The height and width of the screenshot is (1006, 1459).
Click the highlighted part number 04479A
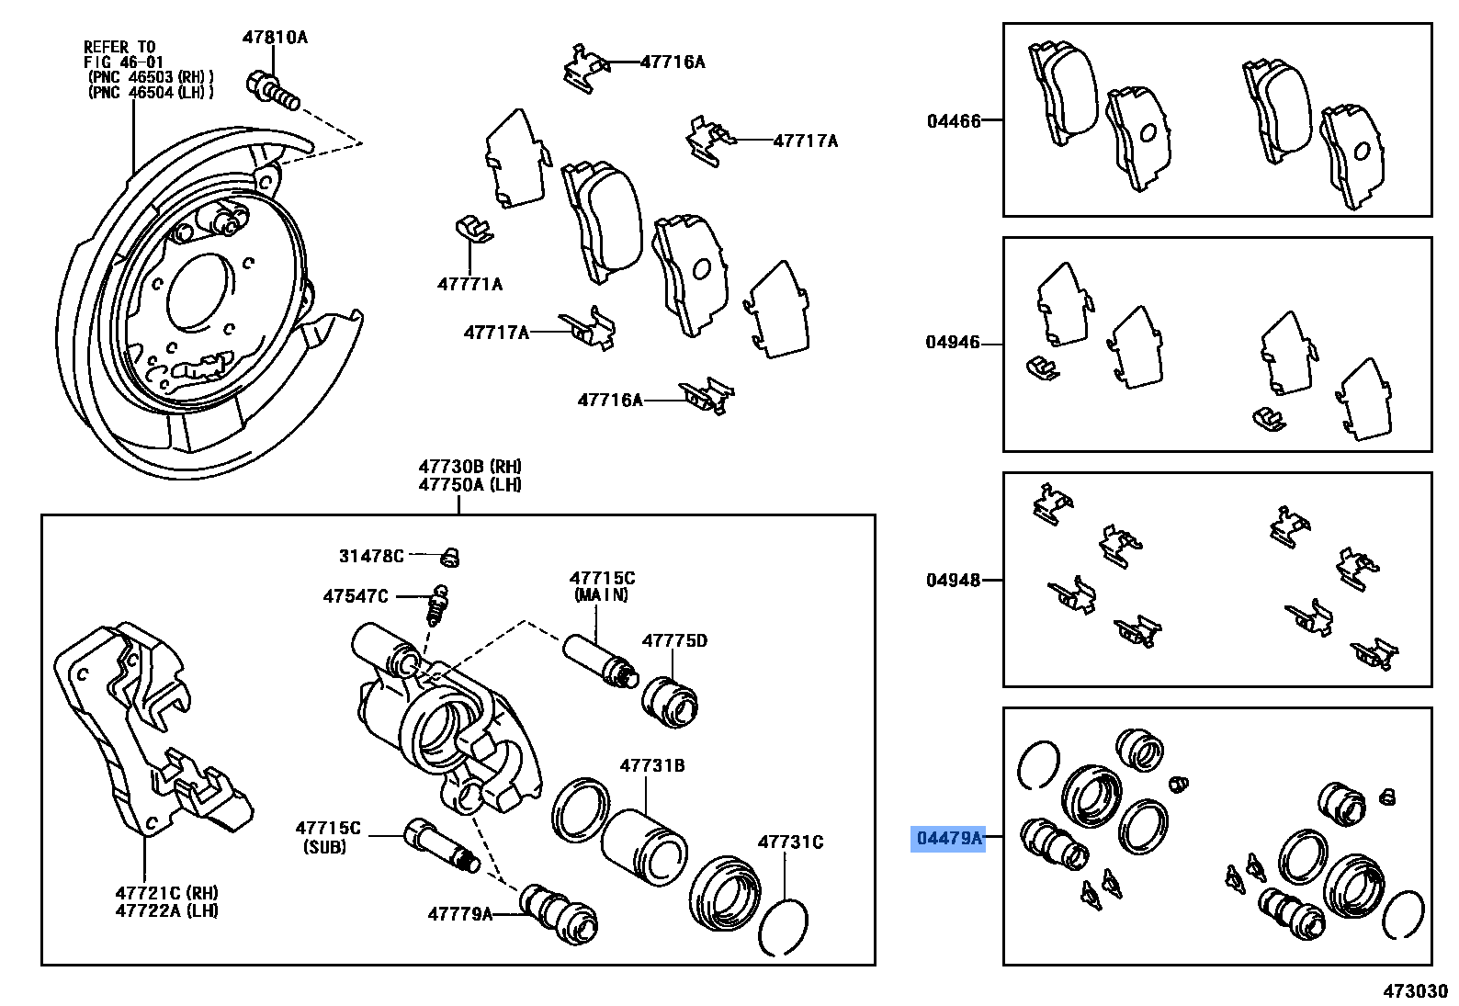[948, 838]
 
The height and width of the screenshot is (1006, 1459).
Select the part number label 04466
[954, 121]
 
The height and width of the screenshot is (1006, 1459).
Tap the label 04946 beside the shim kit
[953, 343]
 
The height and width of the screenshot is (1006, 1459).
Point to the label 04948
[953, 581]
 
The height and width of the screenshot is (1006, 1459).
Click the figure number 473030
[1416, 990]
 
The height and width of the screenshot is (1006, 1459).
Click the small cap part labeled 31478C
[449, 556]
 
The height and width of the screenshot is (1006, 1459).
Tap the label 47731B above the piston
[651, 765]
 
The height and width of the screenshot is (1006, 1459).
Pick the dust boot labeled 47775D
[669, 702]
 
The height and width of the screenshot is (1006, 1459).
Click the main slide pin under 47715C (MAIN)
[597, 661]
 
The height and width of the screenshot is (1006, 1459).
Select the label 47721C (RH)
[166, 893]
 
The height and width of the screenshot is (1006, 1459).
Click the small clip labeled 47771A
[472, 230]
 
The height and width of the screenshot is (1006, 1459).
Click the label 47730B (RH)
[469, 467]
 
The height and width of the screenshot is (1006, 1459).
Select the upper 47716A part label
[673, 62]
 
